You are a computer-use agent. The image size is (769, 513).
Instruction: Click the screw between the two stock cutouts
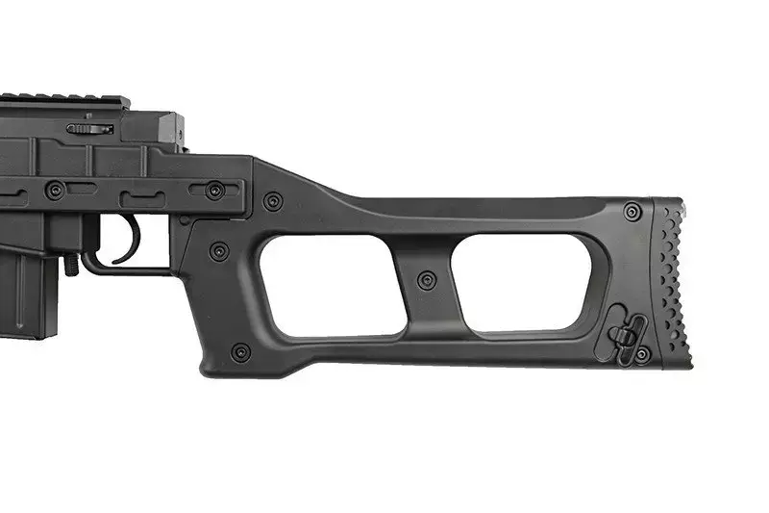pyautogui.click(x=427, y=280)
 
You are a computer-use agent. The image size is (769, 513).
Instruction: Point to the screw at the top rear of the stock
pyautogui.click(x=632, y=211)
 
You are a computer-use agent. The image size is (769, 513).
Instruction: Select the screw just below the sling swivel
pyautogui.click(x=642, y=355)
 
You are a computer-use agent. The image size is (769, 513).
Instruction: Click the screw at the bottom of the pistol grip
pyautogui.click(x=241, y=351)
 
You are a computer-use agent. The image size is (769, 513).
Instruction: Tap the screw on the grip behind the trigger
pyautogui.click(x=219, y=251)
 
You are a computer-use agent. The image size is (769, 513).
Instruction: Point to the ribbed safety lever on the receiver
pyautogui.click(x=89, y=128)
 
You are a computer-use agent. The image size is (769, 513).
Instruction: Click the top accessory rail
pyautogui.click(x=62, y=100)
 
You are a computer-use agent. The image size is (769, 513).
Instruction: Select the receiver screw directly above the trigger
pyautogui.click(x=214, y=190)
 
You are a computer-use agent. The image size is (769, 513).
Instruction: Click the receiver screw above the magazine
pyautogui.click(x=55, y=190)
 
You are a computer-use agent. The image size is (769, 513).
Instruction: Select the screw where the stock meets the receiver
pyautogui.click(x=273, y=202)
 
